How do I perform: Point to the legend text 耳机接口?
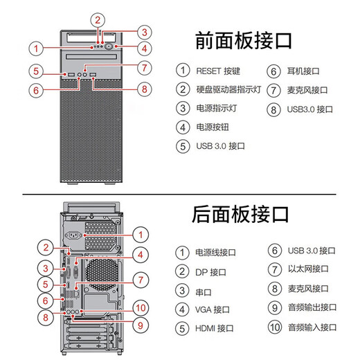(x=303, y=70)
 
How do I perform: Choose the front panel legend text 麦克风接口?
(x=307, y=89)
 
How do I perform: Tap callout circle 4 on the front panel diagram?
(x=144, y=48)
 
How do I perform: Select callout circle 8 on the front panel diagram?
(x=144, y=88)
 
